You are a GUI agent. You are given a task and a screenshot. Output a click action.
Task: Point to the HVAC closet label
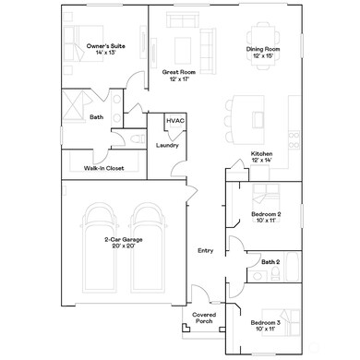174,122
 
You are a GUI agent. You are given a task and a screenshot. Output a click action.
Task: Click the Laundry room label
167,145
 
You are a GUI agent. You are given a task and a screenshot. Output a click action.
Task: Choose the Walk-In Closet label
104,168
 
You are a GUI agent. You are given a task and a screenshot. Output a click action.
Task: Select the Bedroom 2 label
266,218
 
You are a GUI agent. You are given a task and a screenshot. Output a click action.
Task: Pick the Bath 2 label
270,262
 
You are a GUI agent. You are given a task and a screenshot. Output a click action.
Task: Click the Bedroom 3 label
266,325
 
